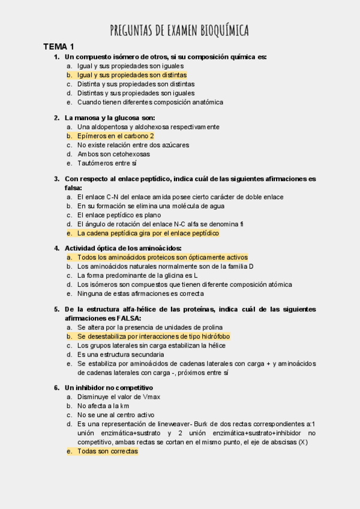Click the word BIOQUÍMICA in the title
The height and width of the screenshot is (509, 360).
(220, 31)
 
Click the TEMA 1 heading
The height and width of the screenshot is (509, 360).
(58, 47)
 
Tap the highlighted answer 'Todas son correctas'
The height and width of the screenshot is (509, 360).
(107, 451)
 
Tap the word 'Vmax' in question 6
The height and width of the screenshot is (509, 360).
(152, 397)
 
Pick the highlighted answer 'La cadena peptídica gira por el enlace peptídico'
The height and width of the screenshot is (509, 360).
(148, 233)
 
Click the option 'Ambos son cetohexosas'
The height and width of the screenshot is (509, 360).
(113, 154)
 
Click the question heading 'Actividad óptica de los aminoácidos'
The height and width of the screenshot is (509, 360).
(122, 248)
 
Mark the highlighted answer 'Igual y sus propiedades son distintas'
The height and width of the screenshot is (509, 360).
(131, 75)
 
